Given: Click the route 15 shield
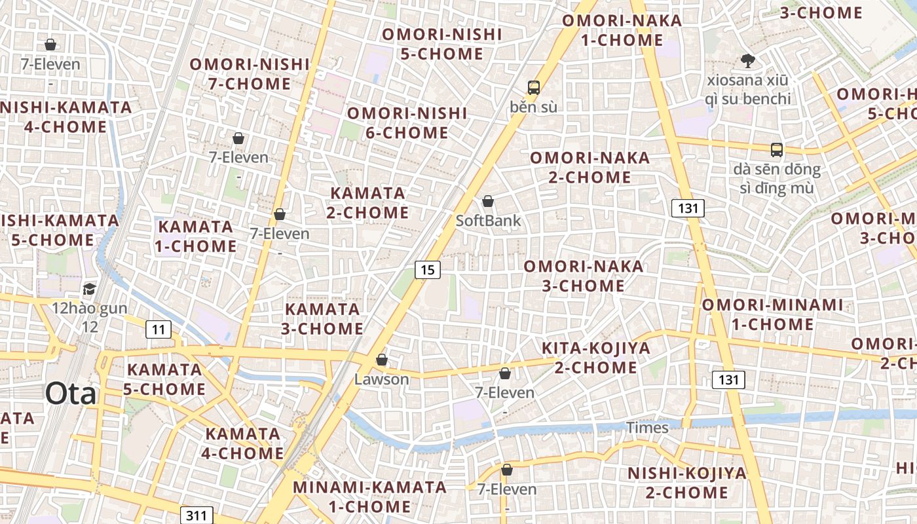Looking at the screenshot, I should tap(427, 269).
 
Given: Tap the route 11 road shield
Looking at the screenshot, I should tap(158, 329).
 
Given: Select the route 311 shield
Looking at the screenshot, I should tap(196, 515).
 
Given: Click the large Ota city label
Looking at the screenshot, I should tap(71, 394).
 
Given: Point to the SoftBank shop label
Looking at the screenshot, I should tap(489, 221).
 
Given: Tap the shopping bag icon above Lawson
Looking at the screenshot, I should tap(382, 360).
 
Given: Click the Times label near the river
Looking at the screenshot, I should tap(648, 428).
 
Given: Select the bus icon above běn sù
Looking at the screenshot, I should tap(533, 87).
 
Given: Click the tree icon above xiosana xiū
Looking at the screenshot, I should tap(747, 62).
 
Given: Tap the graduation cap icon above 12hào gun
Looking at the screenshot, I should tap(89, 289).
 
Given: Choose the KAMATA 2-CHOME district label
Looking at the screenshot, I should tap(367, 203).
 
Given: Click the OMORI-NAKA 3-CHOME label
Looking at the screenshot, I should tap(583, 276).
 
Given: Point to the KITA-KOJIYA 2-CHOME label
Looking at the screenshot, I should tap(596, 358).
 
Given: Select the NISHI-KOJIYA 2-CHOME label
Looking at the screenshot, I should tap(686, 483).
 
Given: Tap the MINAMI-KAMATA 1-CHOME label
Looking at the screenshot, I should tap(369, 496).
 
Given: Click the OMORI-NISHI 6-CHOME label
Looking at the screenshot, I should tap(398, 123).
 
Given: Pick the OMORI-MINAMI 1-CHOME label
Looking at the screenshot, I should tap(772, 314).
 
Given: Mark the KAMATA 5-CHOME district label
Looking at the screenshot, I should tap(164, 379).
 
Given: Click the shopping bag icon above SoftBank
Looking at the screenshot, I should tap(488, 201).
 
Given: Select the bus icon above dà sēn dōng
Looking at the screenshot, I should tap(776, 150).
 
